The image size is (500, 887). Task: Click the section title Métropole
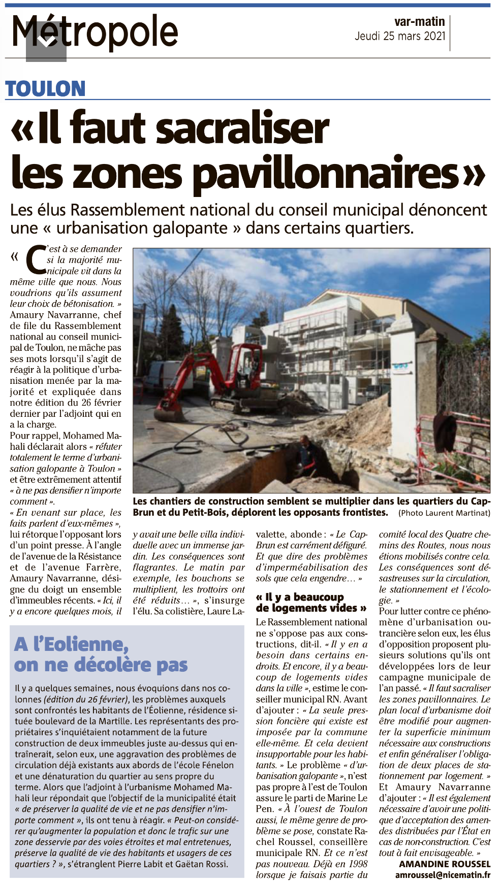coord(95,32)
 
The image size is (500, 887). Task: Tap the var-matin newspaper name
coord(419,22)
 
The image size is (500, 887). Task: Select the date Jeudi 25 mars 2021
coord(400,36)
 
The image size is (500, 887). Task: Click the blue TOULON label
coord(45,89)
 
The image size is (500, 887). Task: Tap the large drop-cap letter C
coord(36,259)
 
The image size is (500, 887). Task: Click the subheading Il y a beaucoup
coord(304,597)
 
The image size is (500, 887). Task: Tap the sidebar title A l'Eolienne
coord(71,644)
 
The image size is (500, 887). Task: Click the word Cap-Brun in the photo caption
coord(481,502)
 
